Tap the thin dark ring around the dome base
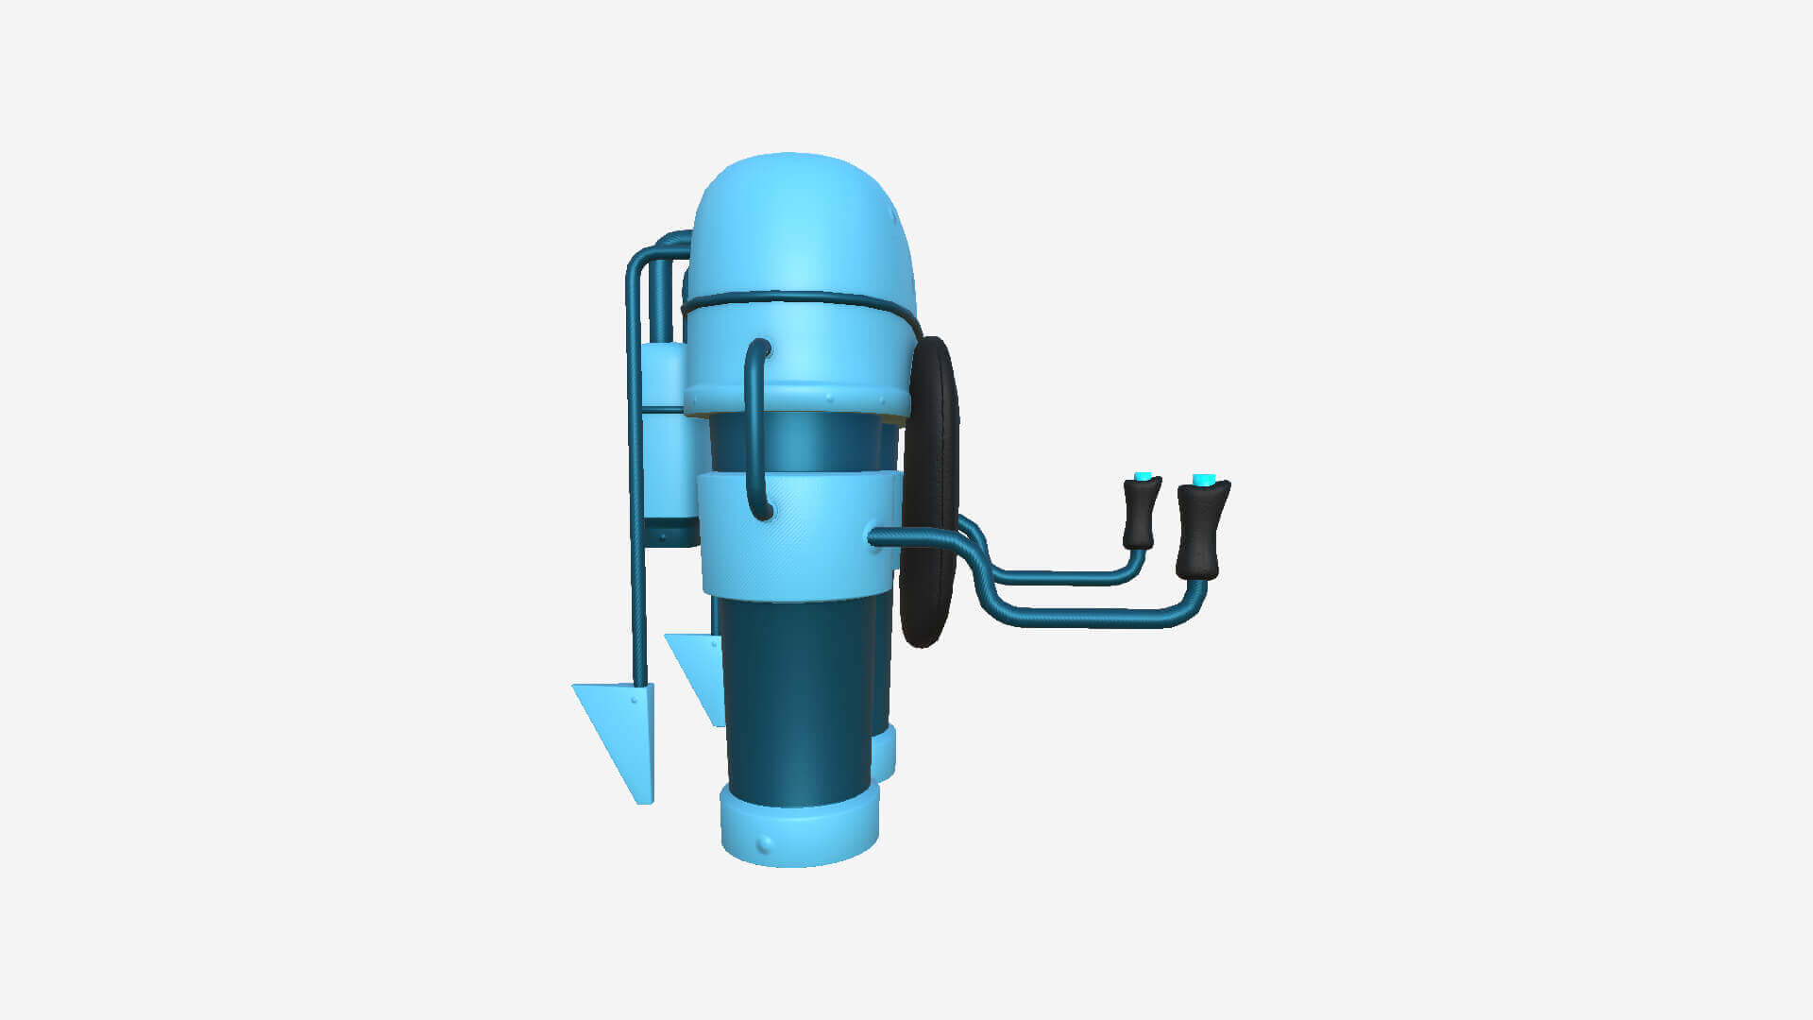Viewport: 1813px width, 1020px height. tap(803, 297)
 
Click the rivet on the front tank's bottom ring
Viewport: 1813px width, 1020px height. tap(765, 842)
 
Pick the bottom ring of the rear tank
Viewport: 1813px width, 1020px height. tap(885, 756)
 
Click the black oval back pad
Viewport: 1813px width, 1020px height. tap(930, 491)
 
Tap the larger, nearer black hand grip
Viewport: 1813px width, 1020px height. tap(1201, 529)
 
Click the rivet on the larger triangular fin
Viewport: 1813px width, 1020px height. tap(634, 701)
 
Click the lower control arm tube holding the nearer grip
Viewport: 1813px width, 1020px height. tap(1086, 619)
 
